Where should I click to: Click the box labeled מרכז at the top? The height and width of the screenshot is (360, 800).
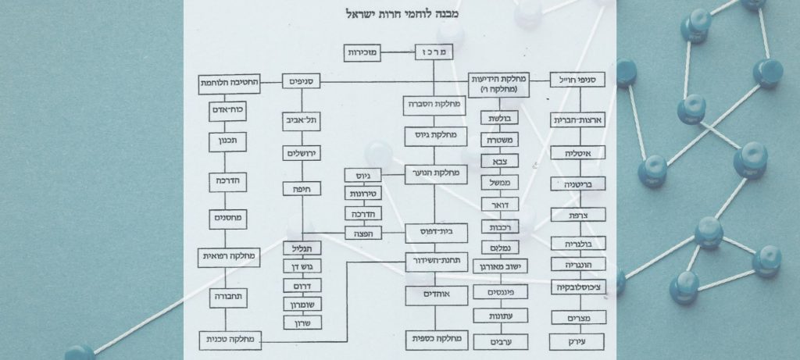coord(434,53)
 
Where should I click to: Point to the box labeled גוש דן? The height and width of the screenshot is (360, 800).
coord(303,266)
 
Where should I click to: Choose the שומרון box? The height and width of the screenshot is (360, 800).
coord(303,303)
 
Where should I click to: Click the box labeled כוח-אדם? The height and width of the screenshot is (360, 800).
coord(225,110)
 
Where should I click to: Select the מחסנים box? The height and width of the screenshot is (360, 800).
coord(225,219)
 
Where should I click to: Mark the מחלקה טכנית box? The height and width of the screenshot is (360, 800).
coord(229,340)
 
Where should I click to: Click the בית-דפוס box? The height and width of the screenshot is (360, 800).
coord(435,232)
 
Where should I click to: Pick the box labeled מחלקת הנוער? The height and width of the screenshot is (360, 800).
coord(435,174)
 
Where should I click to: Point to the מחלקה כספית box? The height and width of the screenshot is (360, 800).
coord(435,340)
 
